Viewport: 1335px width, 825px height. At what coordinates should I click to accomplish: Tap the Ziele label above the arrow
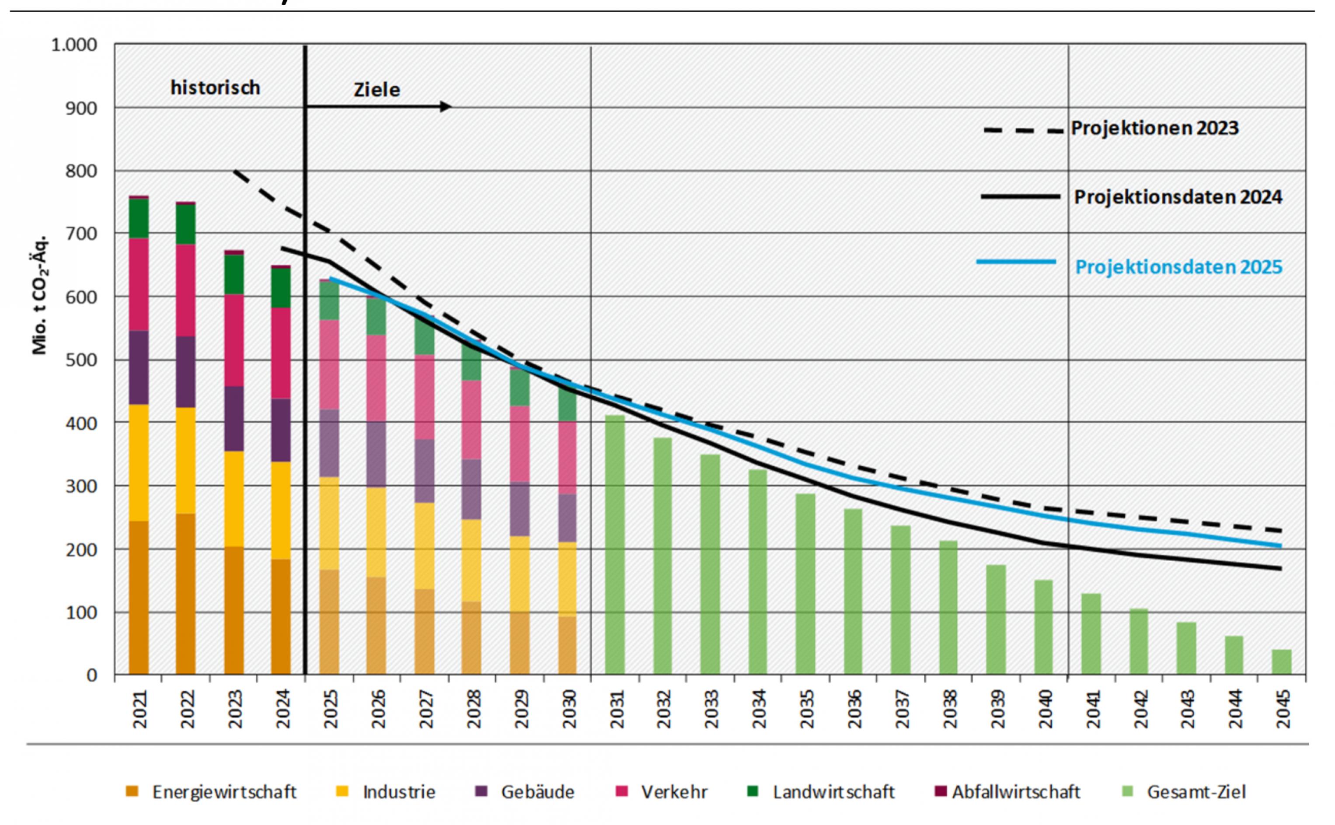[x=377, y=90]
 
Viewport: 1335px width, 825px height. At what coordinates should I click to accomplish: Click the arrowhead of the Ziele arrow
[x=446, y=107]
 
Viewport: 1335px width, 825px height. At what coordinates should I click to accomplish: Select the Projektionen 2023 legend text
[x=1154, y=128]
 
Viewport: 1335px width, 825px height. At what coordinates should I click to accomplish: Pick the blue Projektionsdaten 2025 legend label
[x=1178, y=267]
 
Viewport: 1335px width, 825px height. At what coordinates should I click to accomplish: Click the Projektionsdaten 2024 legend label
[x=1178, y=197]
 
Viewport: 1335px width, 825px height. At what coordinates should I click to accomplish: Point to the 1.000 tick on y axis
[x=74, y=45]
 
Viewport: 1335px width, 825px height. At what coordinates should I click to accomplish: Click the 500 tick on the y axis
[x=82, y=360]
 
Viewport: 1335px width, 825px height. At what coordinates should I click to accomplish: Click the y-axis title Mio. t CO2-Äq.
[x=40, y=295]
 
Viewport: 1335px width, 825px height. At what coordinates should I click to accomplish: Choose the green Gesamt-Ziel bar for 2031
[x=615, y=545]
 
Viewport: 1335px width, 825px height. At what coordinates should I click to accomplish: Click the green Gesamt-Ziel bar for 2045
[x=1282, y=662]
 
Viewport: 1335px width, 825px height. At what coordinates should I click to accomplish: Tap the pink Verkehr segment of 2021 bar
[x=139, y=284]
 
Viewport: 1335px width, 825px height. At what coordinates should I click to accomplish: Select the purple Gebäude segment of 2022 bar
[x=185, y=371]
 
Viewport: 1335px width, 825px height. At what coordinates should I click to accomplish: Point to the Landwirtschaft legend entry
[x=833, y=792]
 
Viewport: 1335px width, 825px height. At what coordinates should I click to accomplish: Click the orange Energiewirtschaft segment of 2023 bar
[x=234, y=610]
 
